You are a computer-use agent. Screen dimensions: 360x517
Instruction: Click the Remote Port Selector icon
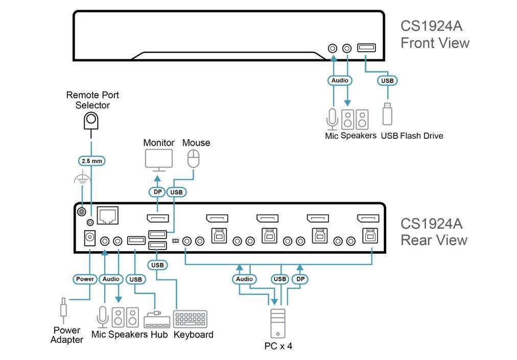91,121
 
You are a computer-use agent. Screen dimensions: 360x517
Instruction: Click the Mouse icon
193,159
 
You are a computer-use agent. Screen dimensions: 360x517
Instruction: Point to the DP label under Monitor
157,192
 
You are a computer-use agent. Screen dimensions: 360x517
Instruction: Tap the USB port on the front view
365,49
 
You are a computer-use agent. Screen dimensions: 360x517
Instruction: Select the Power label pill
85,279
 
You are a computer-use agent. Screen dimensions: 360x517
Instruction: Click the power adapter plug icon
63,308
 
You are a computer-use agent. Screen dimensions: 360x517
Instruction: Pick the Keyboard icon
190,319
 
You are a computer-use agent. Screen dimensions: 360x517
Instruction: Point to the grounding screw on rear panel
81,211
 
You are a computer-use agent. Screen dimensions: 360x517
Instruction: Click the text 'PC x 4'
278,346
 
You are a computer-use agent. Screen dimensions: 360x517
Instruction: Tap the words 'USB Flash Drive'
412,136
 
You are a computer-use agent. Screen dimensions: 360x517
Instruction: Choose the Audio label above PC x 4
244,279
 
